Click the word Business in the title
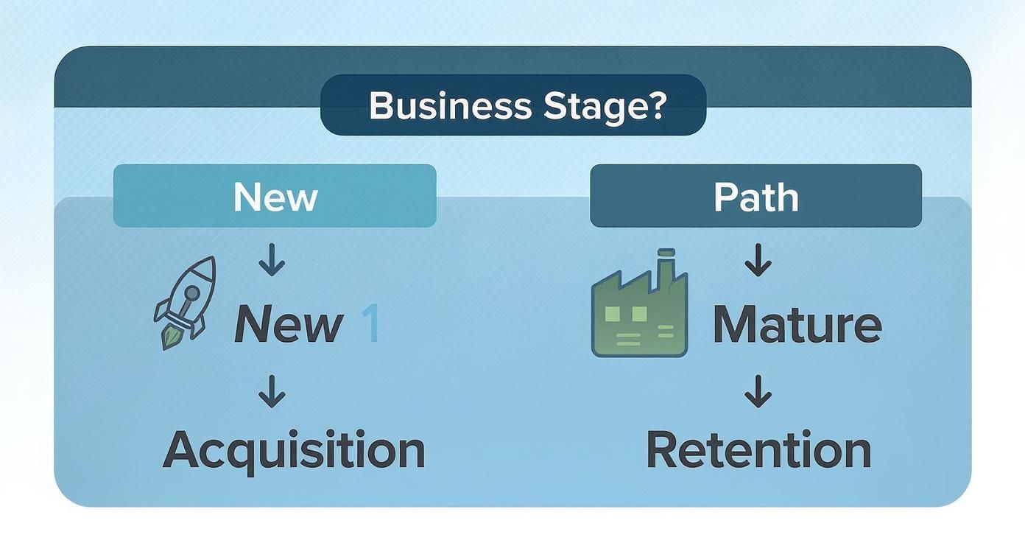coord(449,106)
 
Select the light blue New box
coord(275,196)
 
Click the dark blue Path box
coord(755,196)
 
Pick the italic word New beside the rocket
coord(288,325)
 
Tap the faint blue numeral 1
coord(370,325)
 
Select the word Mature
coord(797,325)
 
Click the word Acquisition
coord(294,450)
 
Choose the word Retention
coord(758,450)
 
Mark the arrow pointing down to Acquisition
coord(272,391)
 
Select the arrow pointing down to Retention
coord(758,391)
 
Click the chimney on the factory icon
coord(666,262)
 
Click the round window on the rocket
coord(191,294)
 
